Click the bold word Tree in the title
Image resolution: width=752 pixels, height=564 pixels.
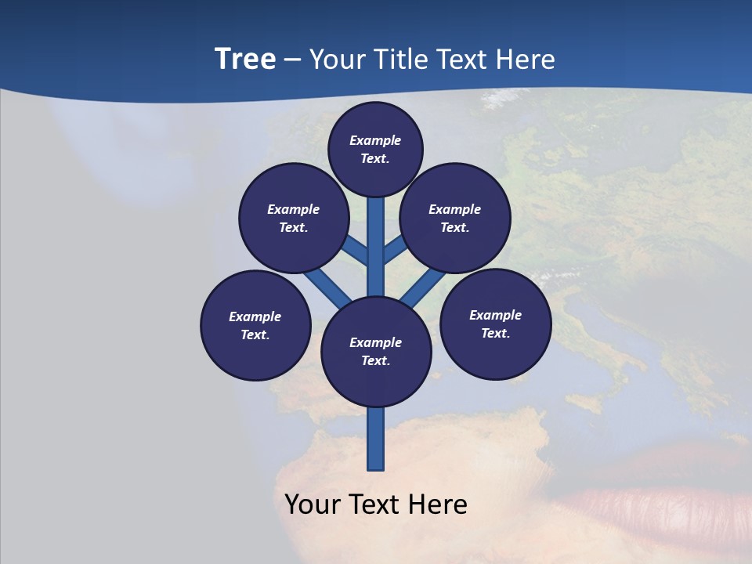click(245, 60)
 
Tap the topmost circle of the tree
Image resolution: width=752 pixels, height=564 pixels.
click(375, 149)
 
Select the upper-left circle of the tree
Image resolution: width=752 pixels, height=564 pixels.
click(294, 218)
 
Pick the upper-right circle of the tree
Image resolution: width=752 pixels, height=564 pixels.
click(455, 218)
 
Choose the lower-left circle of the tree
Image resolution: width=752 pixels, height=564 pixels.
click(255, 325)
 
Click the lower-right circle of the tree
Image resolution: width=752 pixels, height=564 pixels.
click(495, 324)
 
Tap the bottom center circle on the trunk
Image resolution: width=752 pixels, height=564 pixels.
click(376, 352)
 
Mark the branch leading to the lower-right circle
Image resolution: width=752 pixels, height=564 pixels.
click(423, 287)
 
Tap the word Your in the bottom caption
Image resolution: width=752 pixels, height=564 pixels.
click(313, 504)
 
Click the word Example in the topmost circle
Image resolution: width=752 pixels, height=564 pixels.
click(375, 140)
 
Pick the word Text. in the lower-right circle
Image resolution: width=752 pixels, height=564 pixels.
click(495, 333)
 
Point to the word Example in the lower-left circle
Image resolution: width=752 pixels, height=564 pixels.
click(255, 316)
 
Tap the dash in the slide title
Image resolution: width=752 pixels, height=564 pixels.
click(292, 60)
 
